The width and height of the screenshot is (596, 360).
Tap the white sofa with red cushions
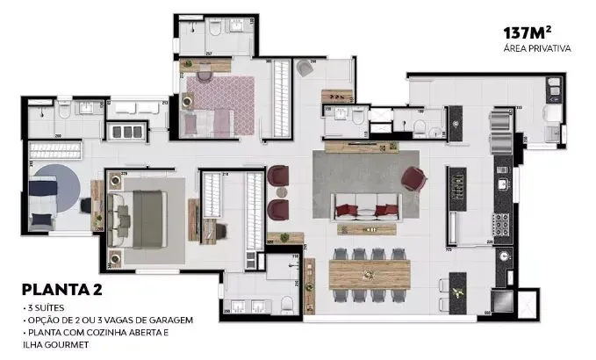(366, 209)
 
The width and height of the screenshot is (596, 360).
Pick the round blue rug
(54, 184)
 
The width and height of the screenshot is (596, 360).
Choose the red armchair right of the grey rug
(413, 179)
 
